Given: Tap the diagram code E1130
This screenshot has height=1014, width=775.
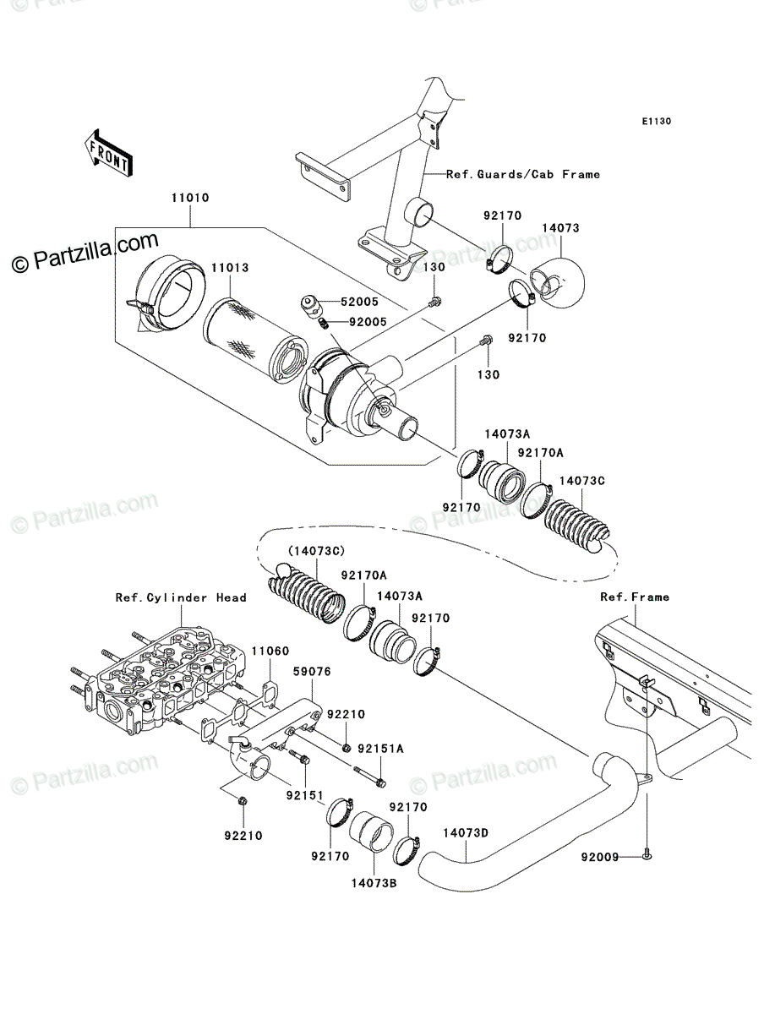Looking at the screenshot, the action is pyautogui.click(x=657, y=122).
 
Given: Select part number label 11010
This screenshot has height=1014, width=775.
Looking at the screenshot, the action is pyautogui.click(x=190, y=198).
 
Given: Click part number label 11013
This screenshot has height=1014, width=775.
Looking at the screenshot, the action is pyautogui.click(x=230, y=268).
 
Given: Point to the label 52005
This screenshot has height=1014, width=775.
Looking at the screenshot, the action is pyautogui.click(x=359, y=302).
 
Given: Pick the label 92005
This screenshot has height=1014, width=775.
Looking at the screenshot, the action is pyautogui.click(x=368, y=322).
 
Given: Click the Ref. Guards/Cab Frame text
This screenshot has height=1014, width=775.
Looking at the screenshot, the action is pyautogui.click(x=523, y=175).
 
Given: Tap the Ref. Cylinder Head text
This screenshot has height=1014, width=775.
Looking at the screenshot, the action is pyautogui.click(x=181, y=597).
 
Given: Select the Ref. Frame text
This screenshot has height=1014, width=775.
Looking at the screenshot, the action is pyautogui.click(x=635, y=597).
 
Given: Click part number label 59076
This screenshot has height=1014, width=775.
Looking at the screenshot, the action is pyautogui.click(x=312, y=671).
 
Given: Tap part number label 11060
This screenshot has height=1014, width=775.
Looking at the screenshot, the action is pyautogui.click(x=270, y=651).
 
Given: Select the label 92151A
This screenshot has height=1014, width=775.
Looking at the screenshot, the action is pyautogui.click(x=380, y=749).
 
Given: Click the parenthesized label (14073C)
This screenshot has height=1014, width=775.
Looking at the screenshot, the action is pyautogui.click(x=316, y=551).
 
